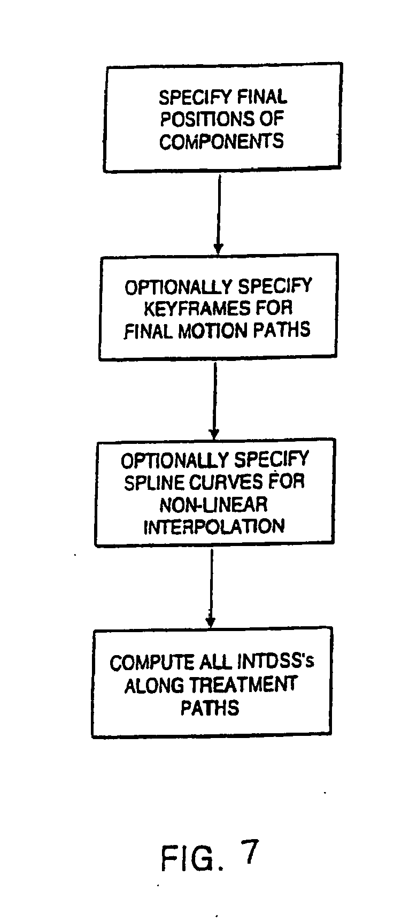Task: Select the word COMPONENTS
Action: pos(221,141)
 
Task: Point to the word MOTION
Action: pos(208,331)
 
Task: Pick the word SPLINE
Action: pos(151,482)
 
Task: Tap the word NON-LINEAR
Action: pos(213,504)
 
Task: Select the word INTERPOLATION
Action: pos(213,526)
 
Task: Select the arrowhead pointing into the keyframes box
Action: pos(218,248)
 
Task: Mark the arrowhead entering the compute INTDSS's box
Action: pos(211,622)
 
